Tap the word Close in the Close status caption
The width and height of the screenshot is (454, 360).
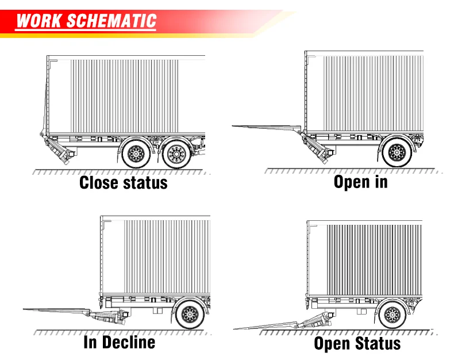coord(100,183)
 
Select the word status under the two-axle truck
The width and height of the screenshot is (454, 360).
coord(144,183)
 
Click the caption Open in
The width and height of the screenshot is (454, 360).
coord(360,182)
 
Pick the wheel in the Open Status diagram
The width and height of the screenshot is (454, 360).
coord(393,316)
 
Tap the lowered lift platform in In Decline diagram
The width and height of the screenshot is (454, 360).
coord(57,311)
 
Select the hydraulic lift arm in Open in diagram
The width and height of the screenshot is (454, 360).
coord(316,146)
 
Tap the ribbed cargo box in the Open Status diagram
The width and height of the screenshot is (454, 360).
coord(374,259)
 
